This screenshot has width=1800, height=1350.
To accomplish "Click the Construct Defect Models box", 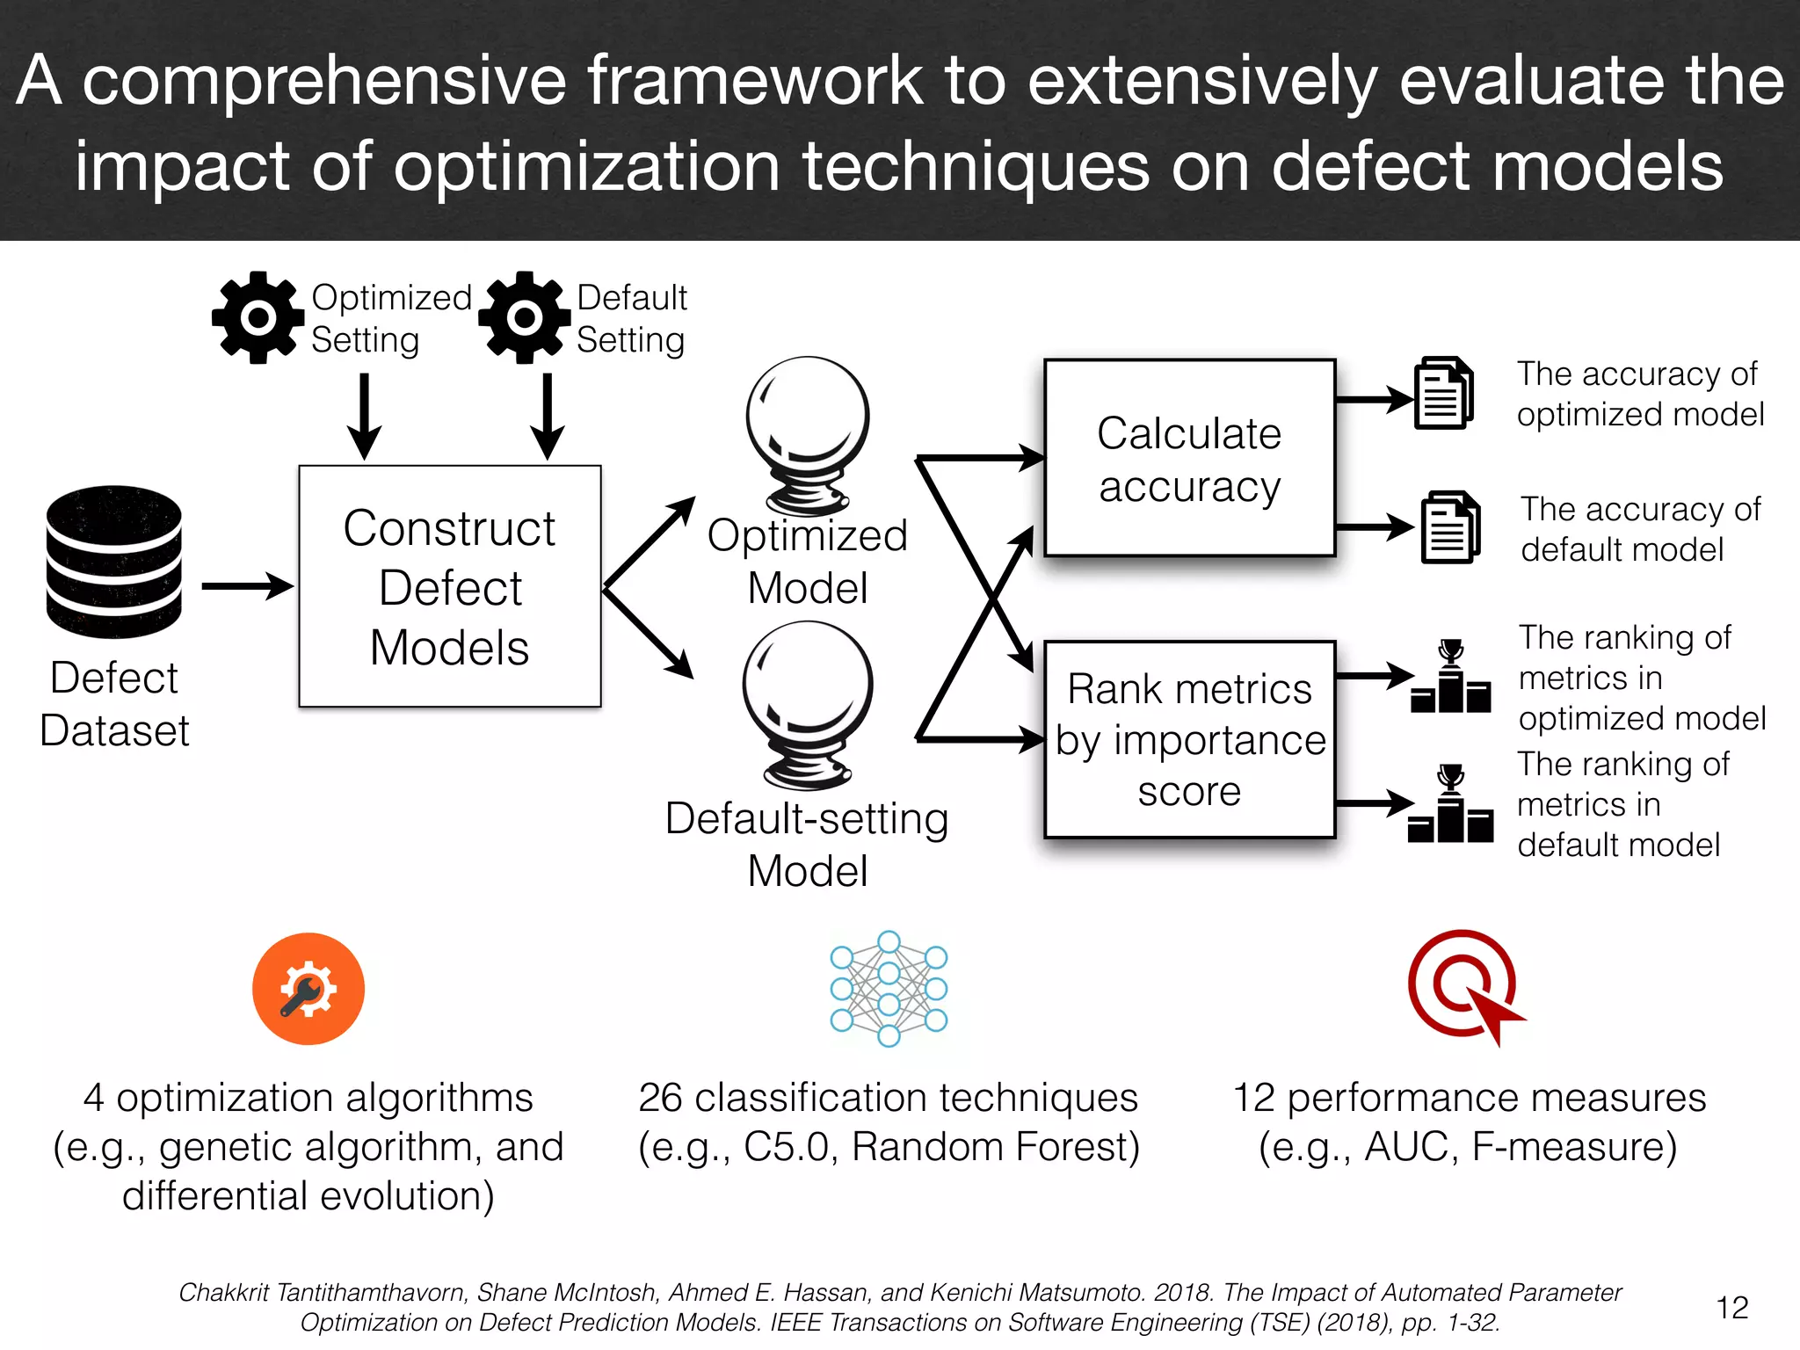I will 449,586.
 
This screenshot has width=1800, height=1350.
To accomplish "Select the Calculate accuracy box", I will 1189,458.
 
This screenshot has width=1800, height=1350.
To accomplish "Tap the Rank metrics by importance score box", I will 1189,739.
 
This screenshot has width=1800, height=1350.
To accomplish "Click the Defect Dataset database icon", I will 114,562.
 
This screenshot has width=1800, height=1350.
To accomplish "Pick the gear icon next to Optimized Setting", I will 258,317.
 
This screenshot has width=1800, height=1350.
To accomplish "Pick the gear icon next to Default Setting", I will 524,317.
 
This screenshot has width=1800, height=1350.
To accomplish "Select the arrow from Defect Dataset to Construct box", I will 247,586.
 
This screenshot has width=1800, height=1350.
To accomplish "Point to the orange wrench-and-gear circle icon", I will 308,989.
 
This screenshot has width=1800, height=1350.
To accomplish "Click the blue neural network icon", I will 889,989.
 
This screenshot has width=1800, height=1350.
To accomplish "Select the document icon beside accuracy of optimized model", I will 1443,393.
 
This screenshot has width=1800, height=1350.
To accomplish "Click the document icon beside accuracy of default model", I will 1450,527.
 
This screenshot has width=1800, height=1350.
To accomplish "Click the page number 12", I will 1731,1308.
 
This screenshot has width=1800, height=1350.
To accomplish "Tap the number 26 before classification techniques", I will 660,1098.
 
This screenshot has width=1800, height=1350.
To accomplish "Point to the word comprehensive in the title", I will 325,81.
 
